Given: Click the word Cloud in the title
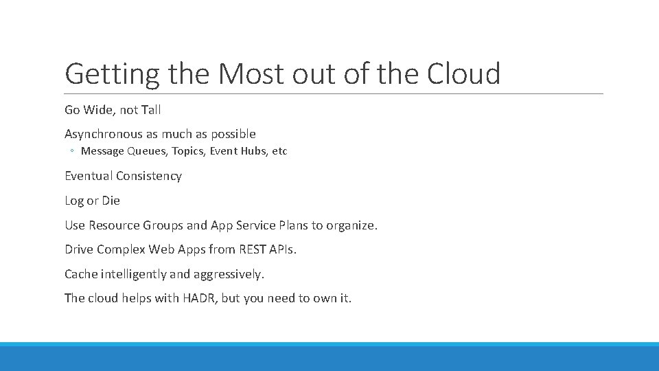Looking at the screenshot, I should point(464,74).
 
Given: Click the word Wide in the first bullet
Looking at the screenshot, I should point(100,110).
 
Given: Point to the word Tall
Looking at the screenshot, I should point(150,110).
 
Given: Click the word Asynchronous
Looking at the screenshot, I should point(104,134).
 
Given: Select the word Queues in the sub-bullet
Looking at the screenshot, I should point(142,151).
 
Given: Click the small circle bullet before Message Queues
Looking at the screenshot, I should point(72,151).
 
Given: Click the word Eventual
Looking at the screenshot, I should point(89,176).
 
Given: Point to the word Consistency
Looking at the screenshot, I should point(149,176).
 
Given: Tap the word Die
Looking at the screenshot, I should point(111,201).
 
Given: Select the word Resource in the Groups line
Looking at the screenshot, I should point(114,225).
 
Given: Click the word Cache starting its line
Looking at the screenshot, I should point(81,274).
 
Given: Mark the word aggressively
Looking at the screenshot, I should point(229,274).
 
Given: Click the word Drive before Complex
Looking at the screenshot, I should point(79,249).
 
